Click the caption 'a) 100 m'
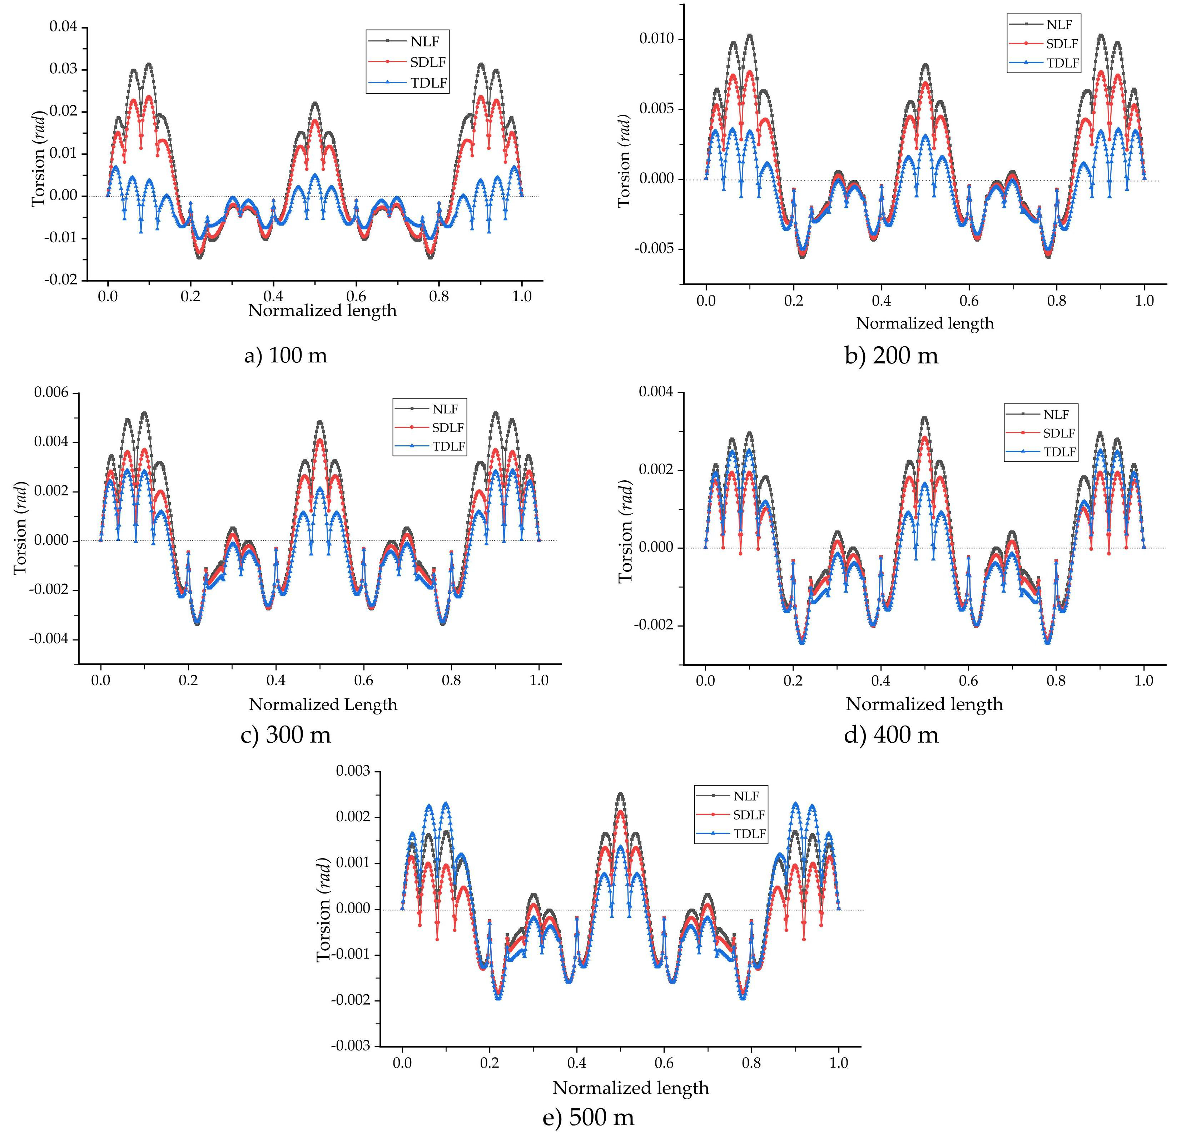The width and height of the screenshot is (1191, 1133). [x=286, y=355]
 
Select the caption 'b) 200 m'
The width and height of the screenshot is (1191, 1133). [x=892, y=355]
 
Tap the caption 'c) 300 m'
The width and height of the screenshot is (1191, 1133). [x=286, y=734]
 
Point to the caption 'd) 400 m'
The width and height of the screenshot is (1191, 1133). [x=892, y=734]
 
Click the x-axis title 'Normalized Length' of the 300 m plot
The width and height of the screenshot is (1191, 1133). [x=323, y=704]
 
